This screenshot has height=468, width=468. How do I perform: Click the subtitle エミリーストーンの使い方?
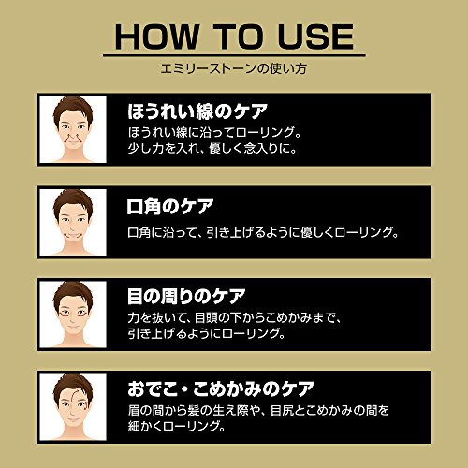234,69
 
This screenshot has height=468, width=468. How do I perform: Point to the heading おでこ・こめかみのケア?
222,388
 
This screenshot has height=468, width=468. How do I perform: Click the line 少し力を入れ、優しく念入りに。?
227,147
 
